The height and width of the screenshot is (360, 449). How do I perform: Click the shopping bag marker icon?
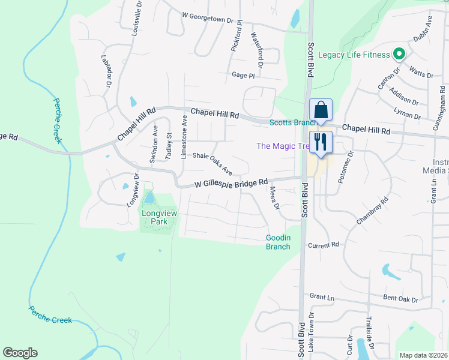pos(321,110)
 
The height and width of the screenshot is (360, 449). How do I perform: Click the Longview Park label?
pos(155,217)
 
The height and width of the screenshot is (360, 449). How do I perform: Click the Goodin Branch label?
pos(278,242)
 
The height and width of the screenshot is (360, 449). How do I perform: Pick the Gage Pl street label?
pos(243,76)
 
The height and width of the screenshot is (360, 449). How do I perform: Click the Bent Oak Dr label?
pos(400,299)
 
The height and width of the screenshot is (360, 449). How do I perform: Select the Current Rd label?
pos(324,245)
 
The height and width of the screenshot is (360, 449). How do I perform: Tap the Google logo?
pos(20,353)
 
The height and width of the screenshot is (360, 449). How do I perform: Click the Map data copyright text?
pos(424,355)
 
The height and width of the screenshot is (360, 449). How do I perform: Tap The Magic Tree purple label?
pos(280,146)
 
